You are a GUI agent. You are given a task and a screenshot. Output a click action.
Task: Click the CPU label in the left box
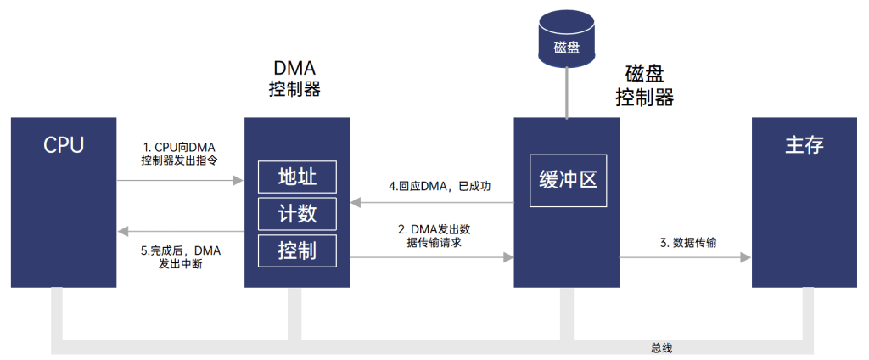point(64,144)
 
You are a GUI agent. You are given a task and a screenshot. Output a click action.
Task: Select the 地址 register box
point(297,177)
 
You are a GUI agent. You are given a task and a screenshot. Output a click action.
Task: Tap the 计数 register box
point(297,213)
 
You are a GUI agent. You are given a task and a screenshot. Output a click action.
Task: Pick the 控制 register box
point(297,250)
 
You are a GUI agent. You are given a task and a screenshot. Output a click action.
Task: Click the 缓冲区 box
point(568,181)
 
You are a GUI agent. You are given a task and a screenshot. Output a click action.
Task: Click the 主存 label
point(804,144)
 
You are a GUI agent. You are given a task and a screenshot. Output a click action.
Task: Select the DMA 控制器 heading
point(294,78)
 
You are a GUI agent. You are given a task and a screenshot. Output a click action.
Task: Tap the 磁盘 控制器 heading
point(644,86)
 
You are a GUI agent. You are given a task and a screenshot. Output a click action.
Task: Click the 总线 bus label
point(662,348)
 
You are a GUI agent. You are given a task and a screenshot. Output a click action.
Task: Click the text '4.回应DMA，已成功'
point(434,186)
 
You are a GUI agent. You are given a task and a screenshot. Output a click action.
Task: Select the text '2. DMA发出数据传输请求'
point(433,235)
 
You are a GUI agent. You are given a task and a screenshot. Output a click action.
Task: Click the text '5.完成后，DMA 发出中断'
point(180,257)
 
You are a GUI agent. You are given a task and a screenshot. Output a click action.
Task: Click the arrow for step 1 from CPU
point(180,181)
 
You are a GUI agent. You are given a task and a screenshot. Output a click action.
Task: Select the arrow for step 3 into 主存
point(686,256)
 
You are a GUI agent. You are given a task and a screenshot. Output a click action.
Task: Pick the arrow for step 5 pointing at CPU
point(180,230)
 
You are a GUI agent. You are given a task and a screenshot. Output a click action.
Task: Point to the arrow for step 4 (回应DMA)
point(433,202)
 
